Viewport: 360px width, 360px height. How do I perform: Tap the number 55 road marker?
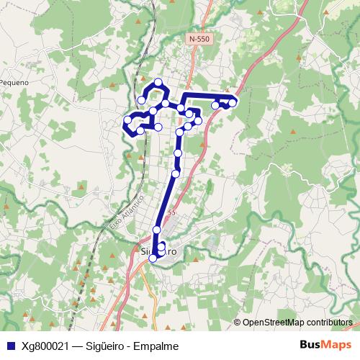(171, 212)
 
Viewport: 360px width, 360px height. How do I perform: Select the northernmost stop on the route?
(158, 81)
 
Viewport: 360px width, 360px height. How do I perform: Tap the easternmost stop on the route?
(233, 103)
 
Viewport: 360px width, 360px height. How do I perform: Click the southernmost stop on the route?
(153, 259)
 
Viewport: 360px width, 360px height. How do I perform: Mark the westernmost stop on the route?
(127, 120)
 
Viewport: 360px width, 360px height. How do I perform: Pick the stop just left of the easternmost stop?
(224, 105)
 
